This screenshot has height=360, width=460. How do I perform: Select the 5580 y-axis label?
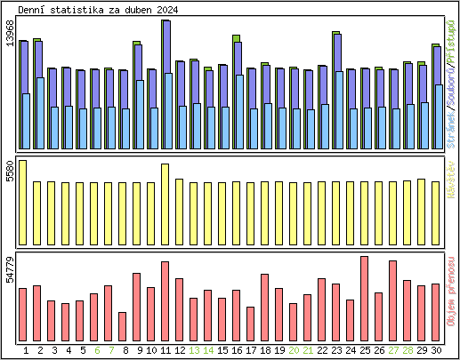[x=9, y=171]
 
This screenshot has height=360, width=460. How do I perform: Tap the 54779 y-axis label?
[x=9, y=269]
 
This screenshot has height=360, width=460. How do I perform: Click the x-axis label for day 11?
[x=165, y=350]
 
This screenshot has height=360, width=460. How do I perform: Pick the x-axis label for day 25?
[x=365, y=350]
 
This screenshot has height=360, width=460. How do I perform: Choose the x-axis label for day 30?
[x=436, y=350]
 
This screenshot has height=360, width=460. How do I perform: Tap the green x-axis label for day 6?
[x=93, y=350]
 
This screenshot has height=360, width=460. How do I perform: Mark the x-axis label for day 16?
[x=237, y=350]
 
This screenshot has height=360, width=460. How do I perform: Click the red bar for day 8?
[x=123, y=327]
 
